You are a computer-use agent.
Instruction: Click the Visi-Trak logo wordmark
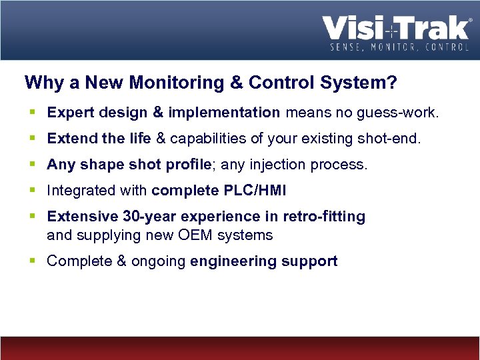point(396,29)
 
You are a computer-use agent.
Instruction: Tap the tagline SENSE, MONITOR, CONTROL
point(399,48)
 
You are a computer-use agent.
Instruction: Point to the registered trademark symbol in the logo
point(470,21)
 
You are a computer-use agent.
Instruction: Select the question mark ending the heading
point(393,83)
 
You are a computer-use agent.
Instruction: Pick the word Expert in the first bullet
point(69,113)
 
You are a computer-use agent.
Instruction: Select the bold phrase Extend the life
point(99,139)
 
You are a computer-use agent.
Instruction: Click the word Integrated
point(81,191)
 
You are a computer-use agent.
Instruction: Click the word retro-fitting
point(324,217)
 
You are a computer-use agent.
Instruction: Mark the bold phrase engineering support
point(263,261)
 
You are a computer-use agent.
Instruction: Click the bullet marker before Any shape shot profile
point(33,165)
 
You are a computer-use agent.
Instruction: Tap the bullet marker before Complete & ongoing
point(33,261)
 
